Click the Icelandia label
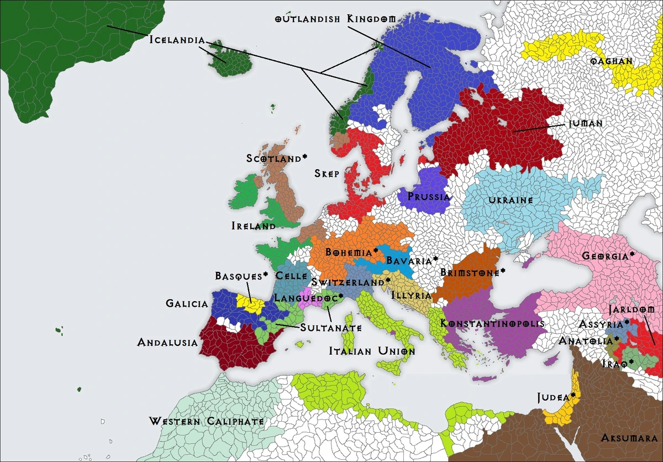click(x=177, y=40)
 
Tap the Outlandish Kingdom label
click(x=335, y=19)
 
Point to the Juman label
click(x=586, y=124)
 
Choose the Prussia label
click(x=428, y=196)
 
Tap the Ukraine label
click(x=509, y=200)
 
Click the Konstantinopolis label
click(x=492, y=323)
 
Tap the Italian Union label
click(x=372, y=351)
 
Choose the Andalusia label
click(x=167, y=343)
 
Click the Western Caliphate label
click(x=206, y=422)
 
